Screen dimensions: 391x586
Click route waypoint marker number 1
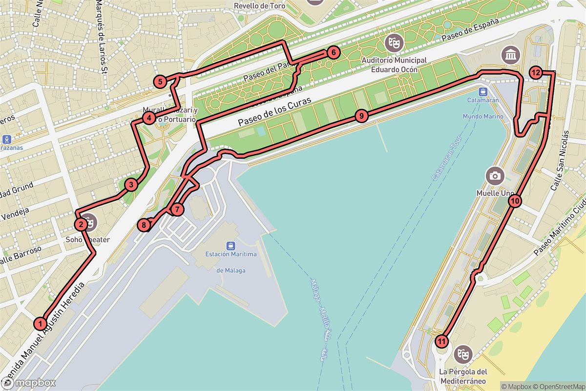41,323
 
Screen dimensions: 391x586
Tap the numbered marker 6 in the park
332,52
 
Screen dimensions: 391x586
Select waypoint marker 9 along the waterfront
360,116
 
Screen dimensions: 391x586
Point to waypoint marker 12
535,73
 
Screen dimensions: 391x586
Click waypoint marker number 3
131,185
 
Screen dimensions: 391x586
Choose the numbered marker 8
144,225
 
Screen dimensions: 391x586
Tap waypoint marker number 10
515,200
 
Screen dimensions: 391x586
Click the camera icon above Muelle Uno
495,175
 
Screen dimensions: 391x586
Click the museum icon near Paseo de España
510,55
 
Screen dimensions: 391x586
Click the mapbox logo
28,382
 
